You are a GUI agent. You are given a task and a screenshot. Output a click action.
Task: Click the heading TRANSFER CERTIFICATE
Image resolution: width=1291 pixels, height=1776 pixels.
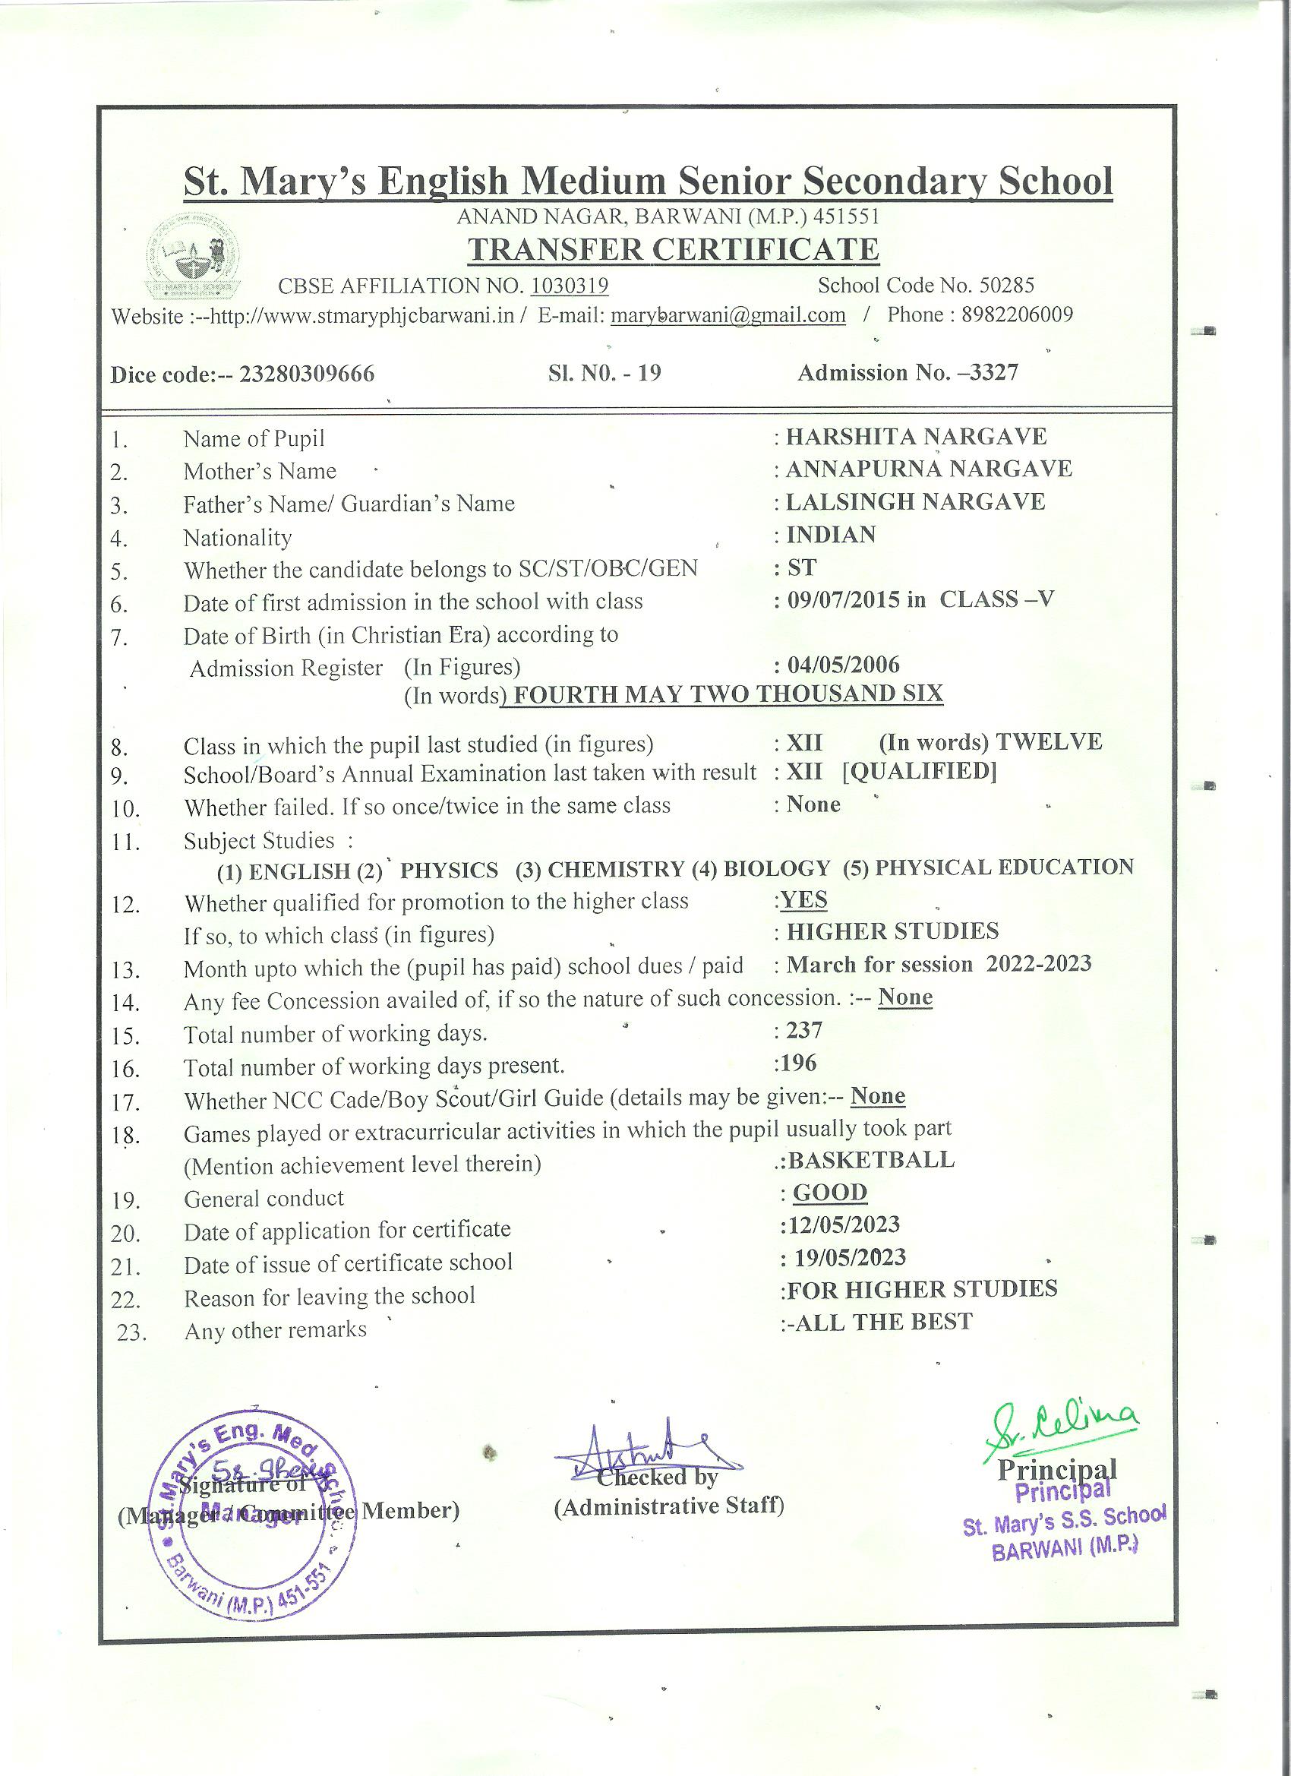point(674,250)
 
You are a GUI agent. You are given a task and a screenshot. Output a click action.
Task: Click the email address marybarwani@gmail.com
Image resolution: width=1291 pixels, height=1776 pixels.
point(728,315)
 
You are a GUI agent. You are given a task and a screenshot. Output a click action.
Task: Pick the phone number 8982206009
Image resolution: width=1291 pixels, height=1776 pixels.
point(1017,314)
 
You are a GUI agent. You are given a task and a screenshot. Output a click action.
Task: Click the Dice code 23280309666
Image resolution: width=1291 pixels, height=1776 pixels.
point(307,374)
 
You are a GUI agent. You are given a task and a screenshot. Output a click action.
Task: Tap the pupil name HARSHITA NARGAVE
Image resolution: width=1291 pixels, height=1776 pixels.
point(916,436)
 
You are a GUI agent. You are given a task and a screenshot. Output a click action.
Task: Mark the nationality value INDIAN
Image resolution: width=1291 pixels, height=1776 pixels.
point(831,535)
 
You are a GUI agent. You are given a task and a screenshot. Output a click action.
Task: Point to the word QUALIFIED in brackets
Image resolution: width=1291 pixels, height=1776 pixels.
point(919,772)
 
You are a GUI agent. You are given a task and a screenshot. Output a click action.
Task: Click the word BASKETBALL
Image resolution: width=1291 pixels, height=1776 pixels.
point(871,1160)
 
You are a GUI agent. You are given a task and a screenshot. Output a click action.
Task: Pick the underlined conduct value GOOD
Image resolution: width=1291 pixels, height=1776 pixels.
point(830,1193)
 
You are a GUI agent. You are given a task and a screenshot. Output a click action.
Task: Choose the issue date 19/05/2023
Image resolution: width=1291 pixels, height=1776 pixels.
point(851,1259)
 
